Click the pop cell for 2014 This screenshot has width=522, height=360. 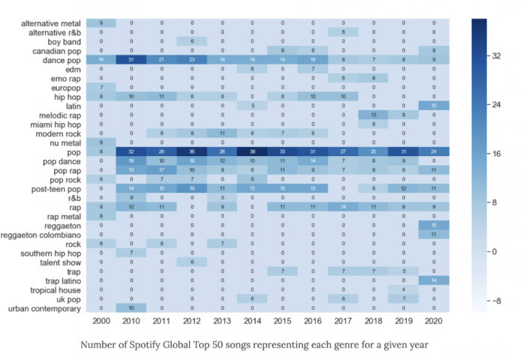point(253,151)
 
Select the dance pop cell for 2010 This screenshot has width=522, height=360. point(131,59)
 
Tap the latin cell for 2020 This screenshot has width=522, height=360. point(434,105)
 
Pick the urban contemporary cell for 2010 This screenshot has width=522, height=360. point(131,307)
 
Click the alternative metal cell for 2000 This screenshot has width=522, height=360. point(101,23)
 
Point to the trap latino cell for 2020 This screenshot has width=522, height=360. point(434,279)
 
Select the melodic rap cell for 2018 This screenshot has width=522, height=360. point(373,114)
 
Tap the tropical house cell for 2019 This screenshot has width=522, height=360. point(404,289)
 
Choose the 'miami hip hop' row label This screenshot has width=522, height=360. point(55,123)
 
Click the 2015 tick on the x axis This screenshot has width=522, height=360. point(283,321)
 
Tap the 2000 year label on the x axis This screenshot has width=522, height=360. point(101,321)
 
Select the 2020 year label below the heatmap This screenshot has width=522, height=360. point(434,321)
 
